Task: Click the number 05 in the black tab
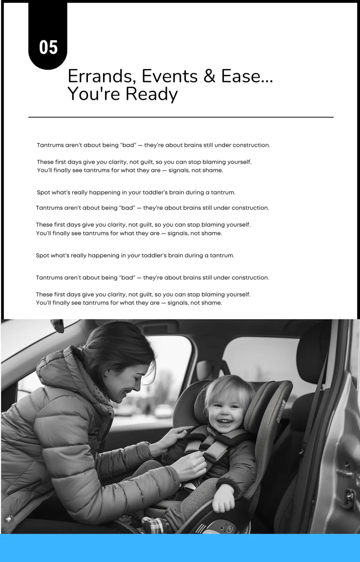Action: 48,47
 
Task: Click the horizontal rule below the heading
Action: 181,117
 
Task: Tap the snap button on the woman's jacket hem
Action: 9,519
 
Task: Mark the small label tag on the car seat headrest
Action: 282,411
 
